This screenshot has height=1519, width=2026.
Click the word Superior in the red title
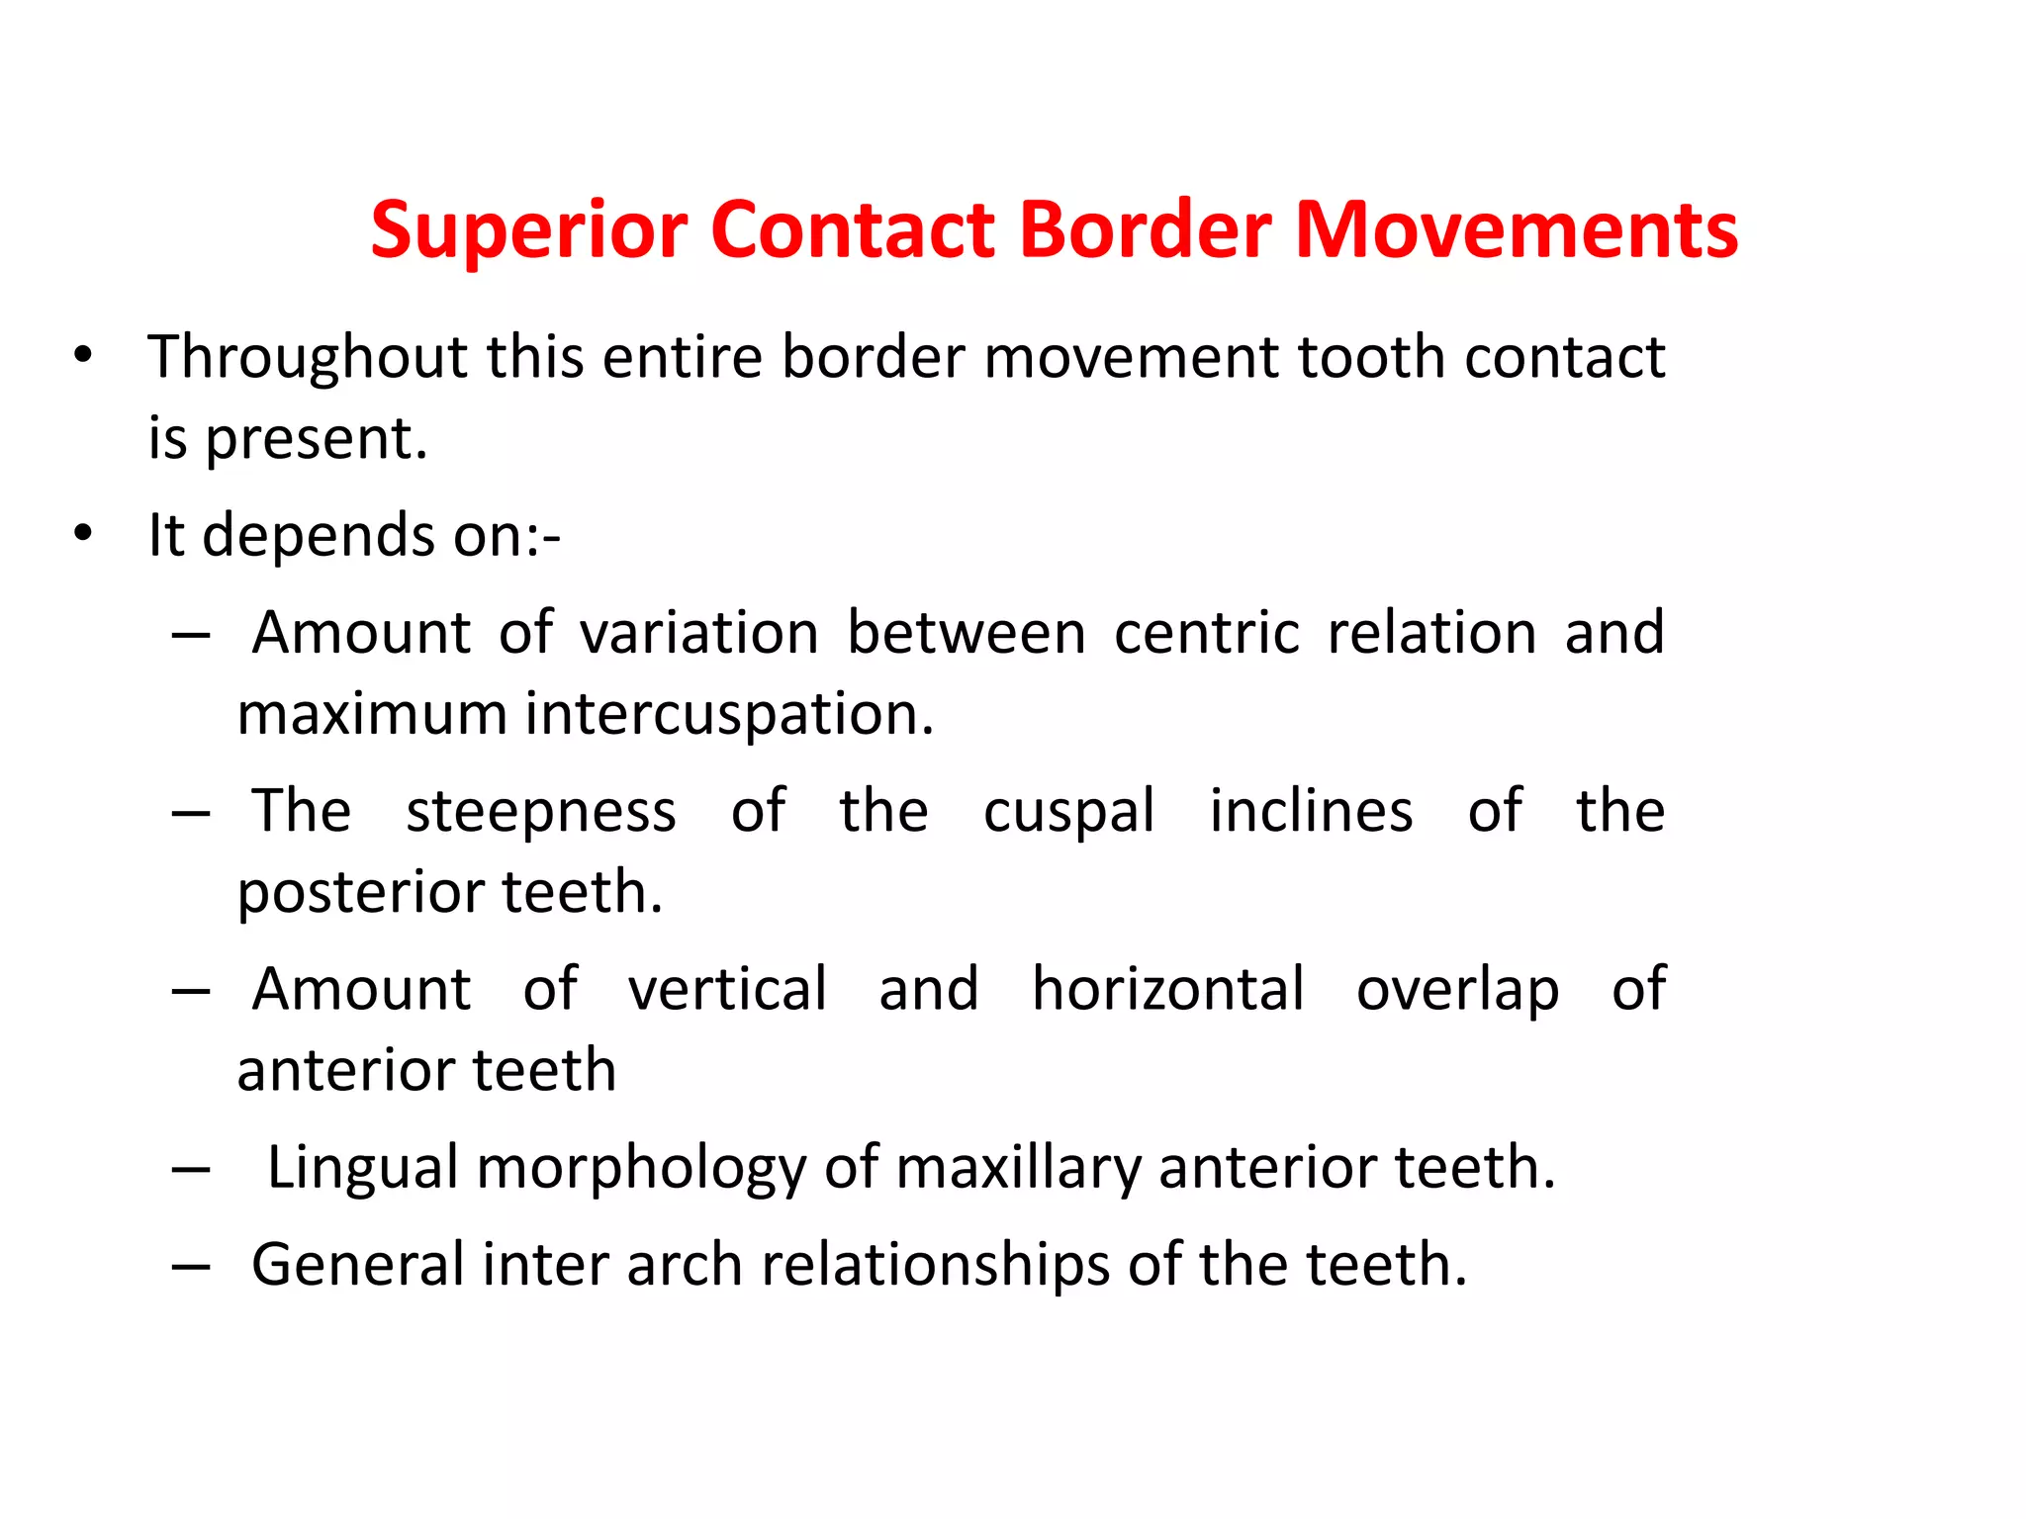click(528, 230)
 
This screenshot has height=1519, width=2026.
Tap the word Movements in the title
click(1516, 230)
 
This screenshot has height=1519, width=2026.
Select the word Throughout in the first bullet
click(307, 357)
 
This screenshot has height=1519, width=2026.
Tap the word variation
click(698, 633)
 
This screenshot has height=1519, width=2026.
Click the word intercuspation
click(728, 714)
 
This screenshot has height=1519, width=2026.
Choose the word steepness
click(541, 811)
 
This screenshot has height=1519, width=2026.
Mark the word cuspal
click(1068, 813)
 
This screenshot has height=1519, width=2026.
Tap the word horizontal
click(1167, 989)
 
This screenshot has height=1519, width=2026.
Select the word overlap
click(1457, 989)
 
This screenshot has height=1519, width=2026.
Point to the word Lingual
click(363, 1169)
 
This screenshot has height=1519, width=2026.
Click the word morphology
click(641, 1169)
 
